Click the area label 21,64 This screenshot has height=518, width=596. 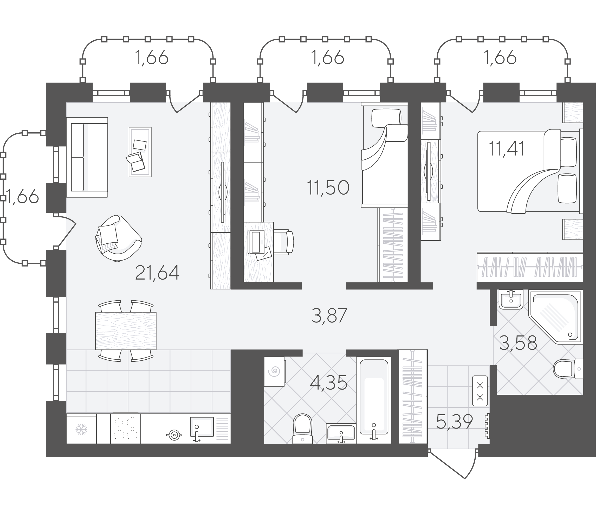[x=157, y=273]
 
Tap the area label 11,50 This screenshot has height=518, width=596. [x=328, y=187]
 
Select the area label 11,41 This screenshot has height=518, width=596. [x=506, y=149]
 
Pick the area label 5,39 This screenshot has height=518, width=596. [x=454, y=422]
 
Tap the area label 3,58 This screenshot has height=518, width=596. [x=518, y=343]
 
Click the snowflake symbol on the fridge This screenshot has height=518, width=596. [x=81, y=430]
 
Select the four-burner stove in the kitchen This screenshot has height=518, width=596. [x=125, y=428]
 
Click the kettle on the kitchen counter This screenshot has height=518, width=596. [x=174, y=435]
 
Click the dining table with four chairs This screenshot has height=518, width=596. [x=126, y=331]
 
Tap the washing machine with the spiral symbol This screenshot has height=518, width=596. [x=275, y=371]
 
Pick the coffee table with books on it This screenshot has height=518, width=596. [x=140, y=152]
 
